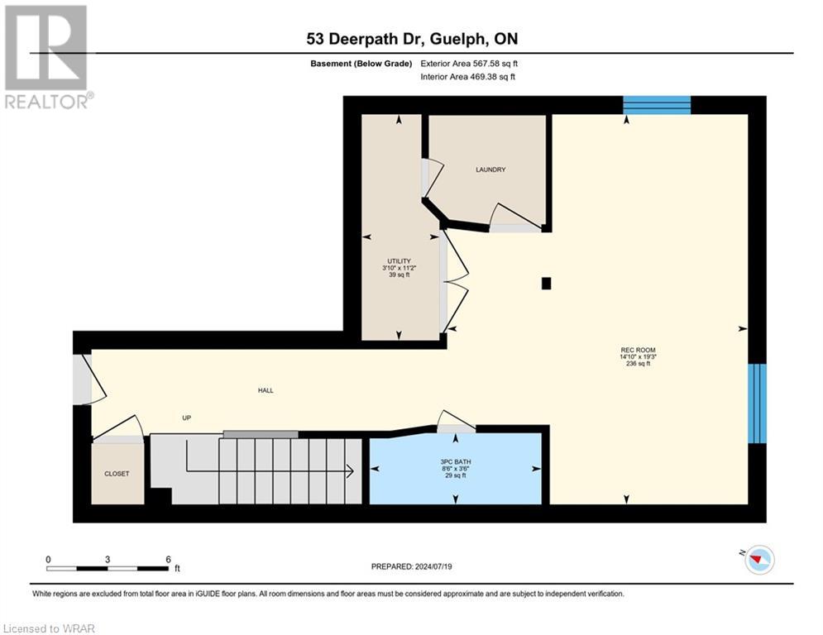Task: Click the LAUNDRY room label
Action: point(490,169)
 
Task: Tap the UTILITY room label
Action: point(400,261)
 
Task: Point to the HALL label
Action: point(265,390)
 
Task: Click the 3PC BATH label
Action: point(454,461)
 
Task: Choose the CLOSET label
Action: point(117,474)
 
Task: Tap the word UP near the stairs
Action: point(187,418)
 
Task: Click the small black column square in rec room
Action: point(546,284)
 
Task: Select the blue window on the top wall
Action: point(656,105)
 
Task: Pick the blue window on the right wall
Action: point(757,403)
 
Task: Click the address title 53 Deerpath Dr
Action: point(411,39)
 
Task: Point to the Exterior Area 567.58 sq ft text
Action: point(470,63)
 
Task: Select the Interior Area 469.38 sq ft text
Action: point(468,77)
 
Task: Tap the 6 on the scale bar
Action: point(168,559)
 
